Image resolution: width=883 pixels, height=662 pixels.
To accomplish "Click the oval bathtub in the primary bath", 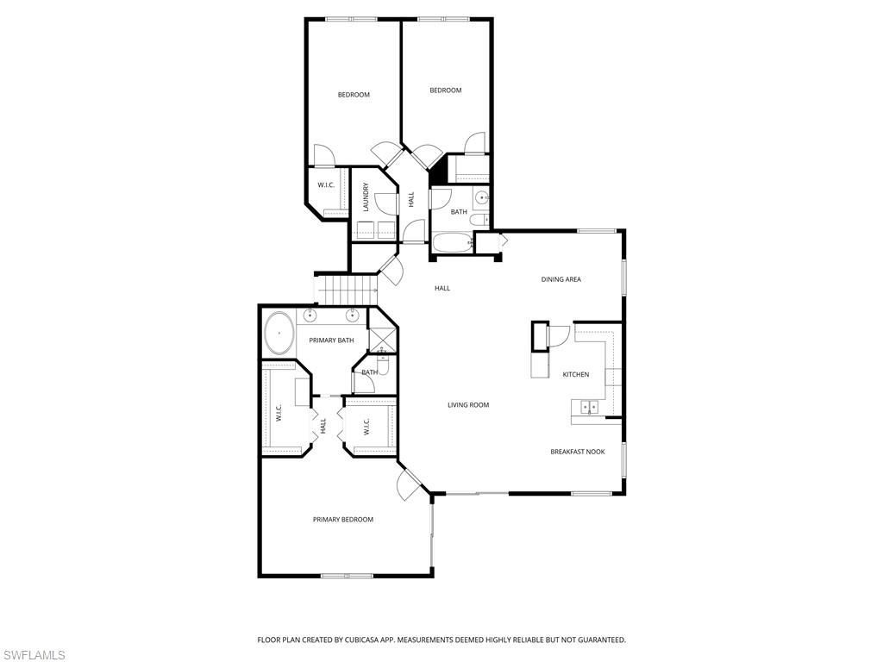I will point(279,334).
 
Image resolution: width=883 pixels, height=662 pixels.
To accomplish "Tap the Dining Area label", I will point(560,279).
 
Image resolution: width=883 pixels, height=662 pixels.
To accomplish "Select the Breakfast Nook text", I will point(578,452).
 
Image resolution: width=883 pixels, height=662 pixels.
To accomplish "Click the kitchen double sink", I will point(590,406).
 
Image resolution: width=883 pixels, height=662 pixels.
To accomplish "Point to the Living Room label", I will point(468,405).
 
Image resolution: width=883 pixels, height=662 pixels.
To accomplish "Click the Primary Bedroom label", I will point(343,520).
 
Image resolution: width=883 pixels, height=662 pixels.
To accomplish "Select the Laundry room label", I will point(366,197).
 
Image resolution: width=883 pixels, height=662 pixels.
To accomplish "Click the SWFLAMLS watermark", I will point(33,656).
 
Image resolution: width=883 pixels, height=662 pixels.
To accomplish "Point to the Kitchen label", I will point(576,375).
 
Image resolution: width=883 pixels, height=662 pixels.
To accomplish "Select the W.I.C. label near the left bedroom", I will point(326,185).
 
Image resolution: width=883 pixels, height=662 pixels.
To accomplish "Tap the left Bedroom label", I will point(354,95).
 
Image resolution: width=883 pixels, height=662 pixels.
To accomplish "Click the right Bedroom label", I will point(446,91).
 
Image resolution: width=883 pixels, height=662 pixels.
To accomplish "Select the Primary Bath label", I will point(332,340).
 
